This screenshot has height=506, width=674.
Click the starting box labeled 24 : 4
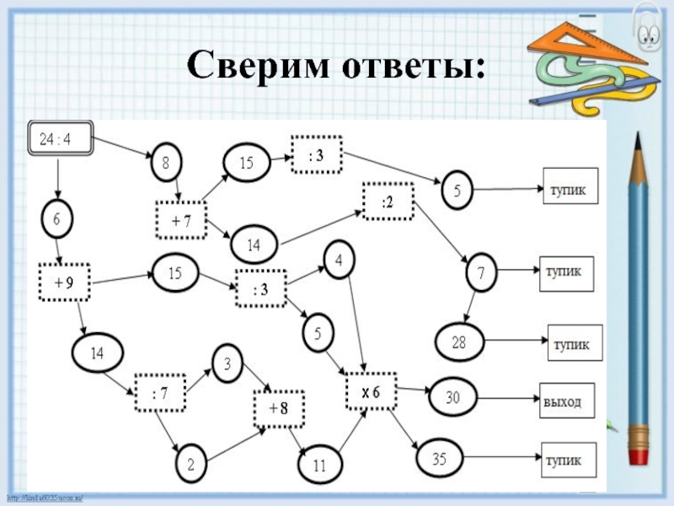click(x=61, y=140)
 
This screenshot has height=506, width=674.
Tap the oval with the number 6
click(x=57, y=219)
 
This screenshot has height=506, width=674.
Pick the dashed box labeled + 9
click(x=64, y=284)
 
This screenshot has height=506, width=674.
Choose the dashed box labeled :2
click(x=388, y=202)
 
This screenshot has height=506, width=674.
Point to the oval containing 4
click(x=338, y=261)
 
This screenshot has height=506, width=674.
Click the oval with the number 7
click(x=480, y=273)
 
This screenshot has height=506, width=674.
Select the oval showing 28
click(x=458, y=342)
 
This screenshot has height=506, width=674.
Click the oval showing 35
click(x=440, y=460)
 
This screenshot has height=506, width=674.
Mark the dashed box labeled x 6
click(x=372, y=391)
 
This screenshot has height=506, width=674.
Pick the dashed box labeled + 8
click(x=278, y=408)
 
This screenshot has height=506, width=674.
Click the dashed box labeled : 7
click(x=160, y=393)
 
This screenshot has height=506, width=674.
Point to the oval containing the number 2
click(x=191, y=463)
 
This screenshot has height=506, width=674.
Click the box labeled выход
click(x=567, y=400)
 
